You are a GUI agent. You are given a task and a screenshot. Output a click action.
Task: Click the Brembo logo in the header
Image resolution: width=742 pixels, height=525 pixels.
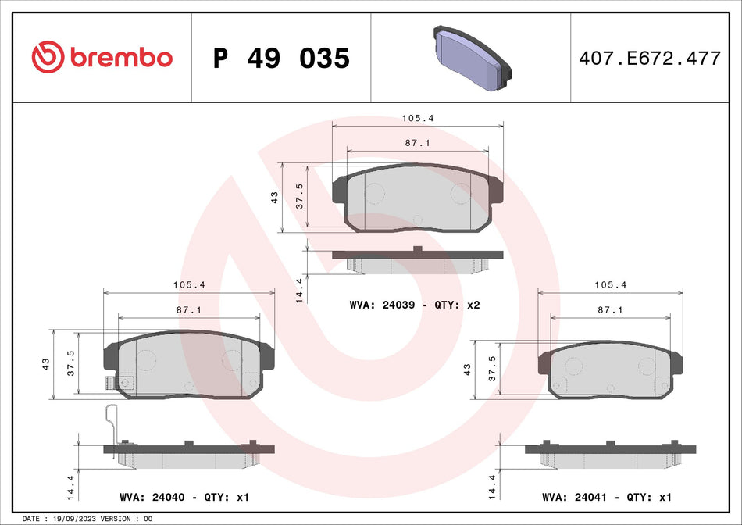coord(102,57)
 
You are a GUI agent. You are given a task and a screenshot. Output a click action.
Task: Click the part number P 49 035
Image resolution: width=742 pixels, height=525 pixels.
coord(281,58)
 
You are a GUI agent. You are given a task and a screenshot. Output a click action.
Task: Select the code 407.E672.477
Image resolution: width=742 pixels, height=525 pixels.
coord(649,58)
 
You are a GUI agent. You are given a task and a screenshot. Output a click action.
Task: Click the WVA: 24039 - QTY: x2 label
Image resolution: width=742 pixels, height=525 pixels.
coord(414,305)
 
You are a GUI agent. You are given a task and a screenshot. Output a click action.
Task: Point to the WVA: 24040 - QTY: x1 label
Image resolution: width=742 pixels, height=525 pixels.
coord(184,497)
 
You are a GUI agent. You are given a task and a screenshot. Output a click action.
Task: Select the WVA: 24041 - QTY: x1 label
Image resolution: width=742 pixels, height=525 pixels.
coord(607,497)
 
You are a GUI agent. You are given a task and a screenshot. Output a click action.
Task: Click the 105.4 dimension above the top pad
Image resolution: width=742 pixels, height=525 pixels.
coord(418,118)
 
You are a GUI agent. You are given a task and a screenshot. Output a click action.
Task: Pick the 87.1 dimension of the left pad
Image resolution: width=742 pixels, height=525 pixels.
coord(189,310)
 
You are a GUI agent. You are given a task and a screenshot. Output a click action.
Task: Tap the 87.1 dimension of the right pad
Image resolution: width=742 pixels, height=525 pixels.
coord(610,310)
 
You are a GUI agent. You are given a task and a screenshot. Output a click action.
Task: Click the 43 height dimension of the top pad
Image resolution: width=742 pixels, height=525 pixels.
coord(274,198)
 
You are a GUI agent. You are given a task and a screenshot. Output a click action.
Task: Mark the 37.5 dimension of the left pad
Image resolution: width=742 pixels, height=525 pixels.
coord(71,363)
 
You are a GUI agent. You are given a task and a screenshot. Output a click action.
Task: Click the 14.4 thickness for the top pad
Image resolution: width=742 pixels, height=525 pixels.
coord(298,290)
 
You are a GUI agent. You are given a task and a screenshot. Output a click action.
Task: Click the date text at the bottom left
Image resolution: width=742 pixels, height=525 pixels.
coord(87,519)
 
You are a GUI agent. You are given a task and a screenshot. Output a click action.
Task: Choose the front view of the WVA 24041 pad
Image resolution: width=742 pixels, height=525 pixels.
coord(610,372)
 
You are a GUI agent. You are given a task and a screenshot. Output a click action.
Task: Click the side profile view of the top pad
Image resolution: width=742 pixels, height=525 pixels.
coord(418,260)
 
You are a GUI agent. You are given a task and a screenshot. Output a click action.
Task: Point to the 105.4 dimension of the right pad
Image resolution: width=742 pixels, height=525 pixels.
coord(610,285)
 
